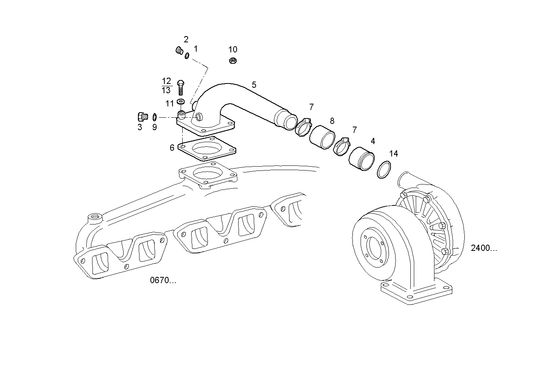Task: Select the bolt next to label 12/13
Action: [x=180, y=87]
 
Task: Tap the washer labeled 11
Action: [x=180, y=102]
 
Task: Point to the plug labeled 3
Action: [x=142, y=116]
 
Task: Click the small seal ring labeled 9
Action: [x=154, y=117]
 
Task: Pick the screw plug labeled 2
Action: [x=179, y=50]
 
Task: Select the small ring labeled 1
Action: [x=187, y=56]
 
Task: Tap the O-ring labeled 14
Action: [x=384, y=170]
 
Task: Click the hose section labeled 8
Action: [x=322, y=137]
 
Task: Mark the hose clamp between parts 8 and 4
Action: [x=342, y=146]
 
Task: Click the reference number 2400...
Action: [x=483, y=248]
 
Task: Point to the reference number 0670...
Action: [x=163, y=280]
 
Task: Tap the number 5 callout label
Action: [x=254, y=85]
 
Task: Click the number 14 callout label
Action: [x=393, y=154]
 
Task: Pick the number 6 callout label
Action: [x=172, y=148]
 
